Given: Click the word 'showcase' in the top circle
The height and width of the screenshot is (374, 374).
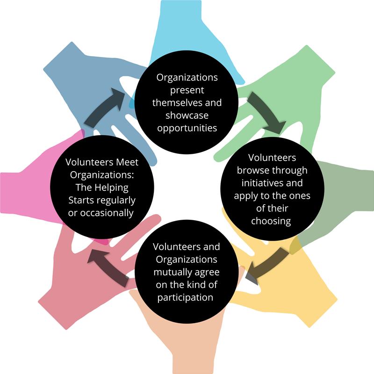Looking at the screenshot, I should [187, 115].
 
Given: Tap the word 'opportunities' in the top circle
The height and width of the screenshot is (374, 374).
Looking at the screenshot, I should [187, 128].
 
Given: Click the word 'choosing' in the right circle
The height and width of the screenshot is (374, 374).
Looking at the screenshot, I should [271, 221].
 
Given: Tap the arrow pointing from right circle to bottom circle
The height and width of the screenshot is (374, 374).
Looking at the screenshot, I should [266, 264].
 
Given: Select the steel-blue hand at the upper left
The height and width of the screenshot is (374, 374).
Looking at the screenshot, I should [79, 75].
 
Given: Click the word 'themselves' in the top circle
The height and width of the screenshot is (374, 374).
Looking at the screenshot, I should [187, 102].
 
